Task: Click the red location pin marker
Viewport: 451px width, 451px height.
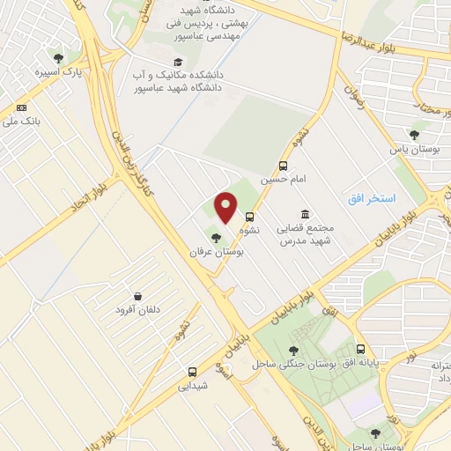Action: (x=225, y=208)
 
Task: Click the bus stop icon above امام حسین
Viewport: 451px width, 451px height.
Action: (x=283, y=166)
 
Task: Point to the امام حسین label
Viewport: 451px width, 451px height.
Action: (x=279, y=179)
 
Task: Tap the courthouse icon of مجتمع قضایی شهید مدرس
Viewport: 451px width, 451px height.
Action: (x=305, y=215)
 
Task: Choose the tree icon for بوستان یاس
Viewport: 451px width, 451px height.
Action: (x=414, y=135)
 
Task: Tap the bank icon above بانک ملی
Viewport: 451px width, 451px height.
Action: (x=22, y=107)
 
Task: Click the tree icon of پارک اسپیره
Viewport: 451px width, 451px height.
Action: (x=59, y=57)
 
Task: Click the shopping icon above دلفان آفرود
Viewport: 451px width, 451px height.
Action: (x=137, y=297)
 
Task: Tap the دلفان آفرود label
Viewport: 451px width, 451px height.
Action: (x=137, y=312)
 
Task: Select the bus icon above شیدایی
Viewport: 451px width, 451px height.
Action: (x=192, y=371)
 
